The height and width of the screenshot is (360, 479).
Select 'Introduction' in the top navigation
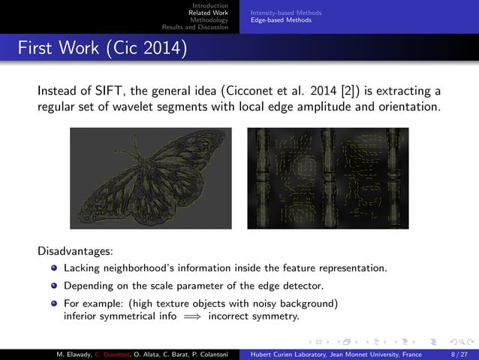tap(213, 6)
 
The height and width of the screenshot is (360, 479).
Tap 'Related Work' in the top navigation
tap(209, 13)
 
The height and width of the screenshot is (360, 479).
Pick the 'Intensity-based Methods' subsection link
tap(286, 13)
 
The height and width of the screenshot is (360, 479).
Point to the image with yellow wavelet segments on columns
tap(328, 177)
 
